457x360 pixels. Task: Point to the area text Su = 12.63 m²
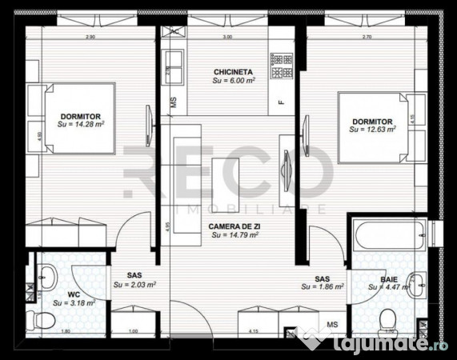[x=373, y=130]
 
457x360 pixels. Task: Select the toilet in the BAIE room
[x=391, y=318]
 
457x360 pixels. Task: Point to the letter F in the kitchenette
[x=281, y=102]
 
